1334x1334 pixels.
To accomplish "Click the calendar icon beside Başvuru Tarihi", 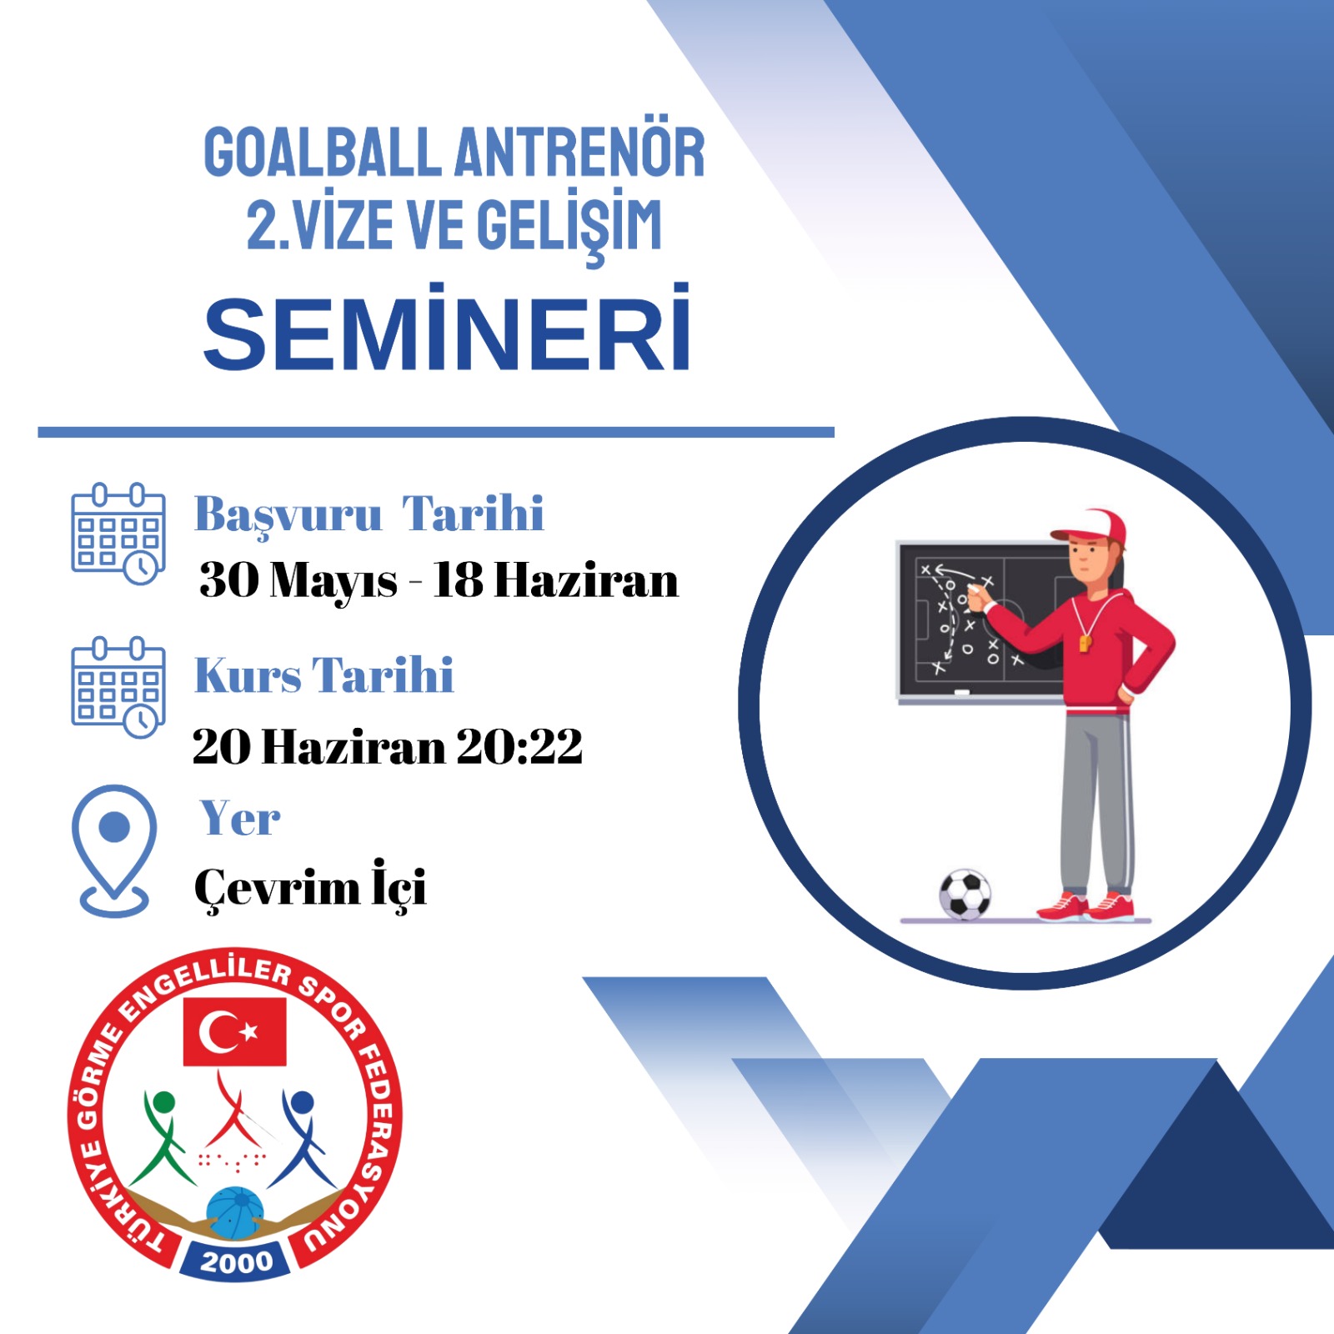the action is pyautogui.click(x=118, y=534).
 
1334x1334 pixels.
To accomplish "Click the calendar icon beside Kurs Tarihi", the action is pyautogui.click(x=118, y=688).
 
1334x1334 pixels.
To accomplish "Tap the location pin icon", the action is pyautogui.click(x=113, y=850).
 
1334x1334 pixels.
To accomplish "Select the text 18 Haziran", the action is pyautogui.click(x=555, y=579).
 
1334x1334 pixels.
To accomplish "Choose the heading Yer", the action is pyautogui.click(x=240, y=818).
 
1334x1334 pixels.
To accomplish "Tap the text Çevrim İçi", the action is pyautogui.click(x=310, y=886).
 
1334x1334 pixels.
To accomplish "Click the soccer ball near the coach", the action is pyautogui.click(x=965, y=895).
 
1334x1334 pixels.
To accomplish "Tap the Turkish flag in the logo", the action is pyautogui.click(x=234, y=1032).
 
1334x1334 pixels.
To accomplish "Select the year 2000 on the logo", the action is pyautogui.click(x=237, y=1262).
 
